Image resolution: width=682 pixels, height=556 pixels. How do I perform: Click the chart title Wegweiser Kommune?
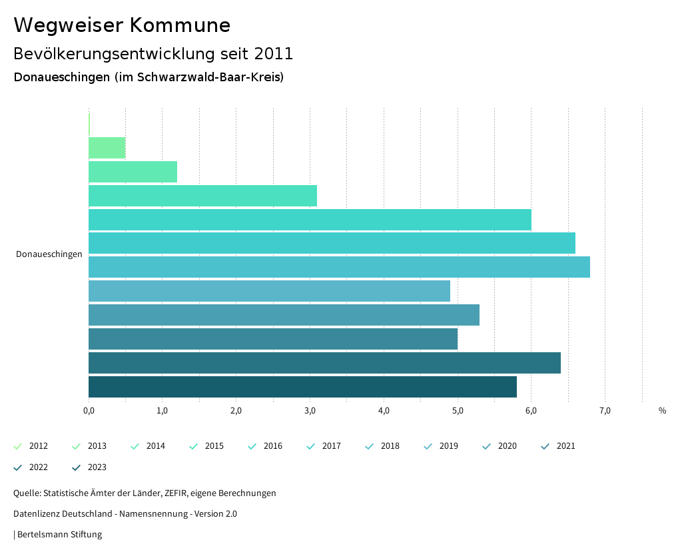coord(122,25)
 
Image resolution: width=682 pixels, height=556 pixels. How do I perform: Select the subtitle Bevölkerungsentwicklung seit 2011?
coord(153,53)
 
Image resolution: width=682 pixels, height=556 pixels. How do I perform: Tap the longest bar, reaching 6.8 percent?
coord(339,267)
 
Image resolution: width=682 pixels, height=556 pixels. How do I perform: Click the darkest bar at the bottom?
coord(302,387)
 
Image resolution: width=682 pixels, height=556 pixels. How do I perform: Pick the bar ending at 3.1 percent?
coord(202,196)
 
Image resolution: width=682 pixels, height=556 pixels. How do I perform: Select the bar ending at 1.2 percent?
coord(133,172)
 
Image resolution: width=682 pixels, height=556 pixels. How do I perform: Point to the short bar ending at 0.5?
coord(107,148)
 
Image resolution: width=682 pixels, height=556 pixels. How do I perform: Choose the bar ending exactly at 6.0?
coord(310,220)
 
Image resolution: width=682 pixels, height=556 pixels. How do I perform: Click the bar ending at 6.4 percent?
coord(324,363)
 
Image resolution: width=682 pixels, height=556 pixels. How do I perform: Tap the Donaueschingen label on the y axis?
coord(49,254)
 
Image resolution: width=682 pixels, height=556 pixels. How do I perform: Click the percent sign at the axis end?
coord(662,411)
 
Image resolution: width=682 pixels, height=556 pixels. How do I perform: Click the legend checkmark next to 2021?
coord(545,446)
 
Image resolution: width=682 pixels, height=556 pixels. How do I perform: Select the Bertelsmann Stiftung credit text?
coord(59,535)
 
